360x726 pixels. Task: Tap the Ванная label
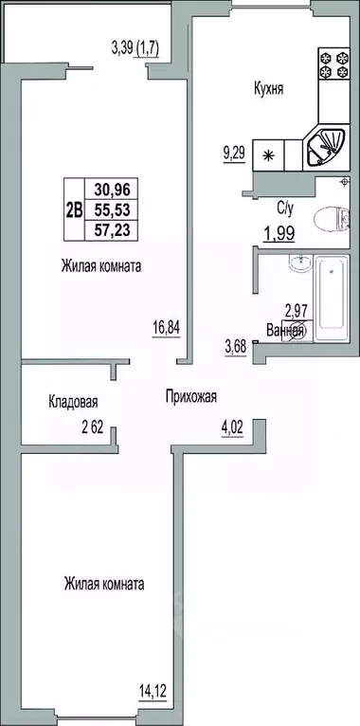coord(284,332)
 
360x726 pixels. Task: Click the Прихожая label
coord(190,398)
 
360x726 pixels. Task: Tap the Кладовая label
coord(73,402)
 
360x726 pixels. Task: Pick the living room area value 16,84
coord(166,329)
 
